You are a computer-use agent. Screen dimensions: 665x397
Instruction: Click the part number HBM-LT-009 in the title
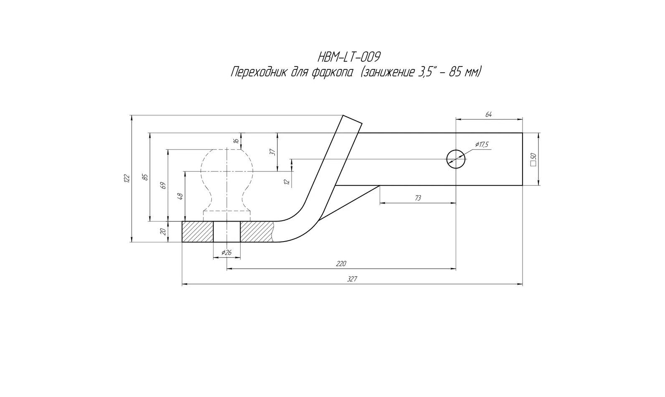[349, 57]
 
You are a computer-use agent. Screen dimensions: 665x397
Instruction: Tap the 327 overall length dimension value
[352, 279]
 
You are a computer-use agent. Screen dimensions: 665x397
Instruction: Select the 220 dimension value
[341, 264]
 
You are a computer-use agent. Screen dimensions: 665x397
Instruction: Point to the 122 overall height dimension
[127, 178]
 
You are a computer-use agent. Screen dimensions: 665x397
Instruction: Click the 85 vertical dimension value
[145, 177]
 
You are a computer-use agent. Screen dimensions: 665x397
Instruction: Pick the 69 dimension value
[163, 186]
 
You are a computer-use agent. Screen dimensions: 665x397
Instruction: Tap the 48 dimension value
[180, 196]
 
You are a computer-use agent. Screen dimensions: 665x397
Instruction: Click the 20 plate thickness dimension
[163, 232]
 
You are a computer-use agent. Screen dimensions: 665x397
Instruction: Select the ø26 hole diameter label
[226, 253]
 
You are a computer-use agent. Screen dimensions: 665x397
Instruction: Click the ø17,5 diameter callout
[482, 145]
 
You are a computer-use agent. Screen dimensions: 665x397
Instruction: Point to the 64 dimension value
[488, 115]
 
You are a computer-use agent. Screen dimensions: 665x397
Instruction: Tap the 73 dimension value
[418, 198]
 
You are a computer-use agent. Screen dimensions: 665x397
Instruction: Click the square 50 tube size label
[533, 160]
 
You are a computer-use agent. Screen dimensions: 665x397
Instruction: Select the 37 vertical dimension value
[274, 152]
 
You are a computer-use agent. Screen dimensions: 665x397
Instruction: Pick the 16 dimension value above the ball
[236, 141]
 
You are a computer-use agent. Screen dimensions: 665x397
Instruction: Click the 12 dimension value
[287, 181]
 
